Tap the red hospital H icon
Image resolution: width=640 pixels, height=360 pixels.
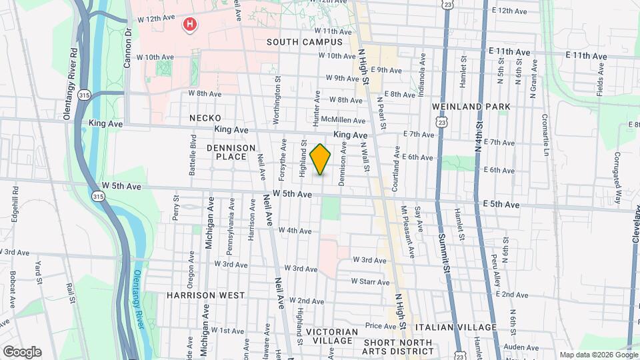[190, 25]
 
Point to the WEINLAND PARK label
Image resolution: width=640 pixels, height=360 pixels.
[471, 106]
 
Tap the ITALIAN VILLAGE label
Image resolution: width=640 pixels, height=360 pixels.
[455, 327]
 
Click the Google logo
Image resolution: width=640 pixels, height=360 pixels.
[22, 351]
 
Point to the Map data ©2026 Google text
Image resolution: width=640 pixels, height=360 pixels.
[598, 355]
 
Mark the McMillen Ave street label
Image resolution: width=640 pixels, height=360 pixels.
[343, 120]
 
